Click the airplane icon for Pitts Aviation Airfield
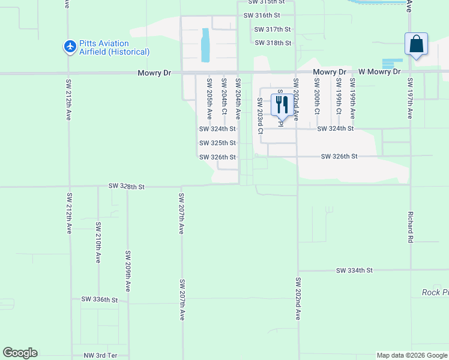click(x=70, y=47)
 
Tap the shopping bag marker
click(x=416, y=44)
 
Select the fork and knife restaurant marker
click(x=282, y=104)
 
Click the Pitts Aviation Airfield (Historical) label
click(x=114, y=47)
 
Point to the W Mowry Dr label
click(x=379, y=72)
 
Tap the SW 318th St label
click(x=273, y=43)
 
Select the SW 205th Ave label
click(x=209, y=97)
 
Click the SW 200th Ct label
click(x=316, y=97)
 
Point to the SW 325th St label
click(x=217, y=143)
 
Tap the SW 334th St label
click(x=354, y=271)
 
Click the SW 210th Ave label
click(x=98, y=242)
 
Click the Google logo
click(x=20, y=353)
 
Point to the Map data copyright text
click(x=412, y=355)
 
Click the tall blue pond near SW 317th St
click(x=206, y=46)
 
